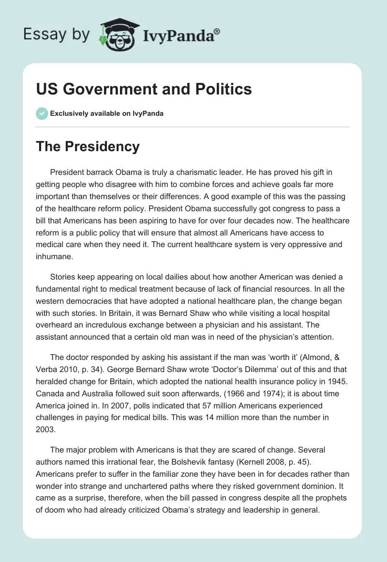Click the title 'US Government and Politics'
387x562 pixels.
pos(144,89)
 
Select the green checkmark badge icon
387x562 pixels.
pos(42,114)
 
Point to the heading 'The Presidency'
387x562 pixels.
pos(88,146)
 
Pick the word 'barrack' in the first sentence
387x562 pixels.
pos(100,172)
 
